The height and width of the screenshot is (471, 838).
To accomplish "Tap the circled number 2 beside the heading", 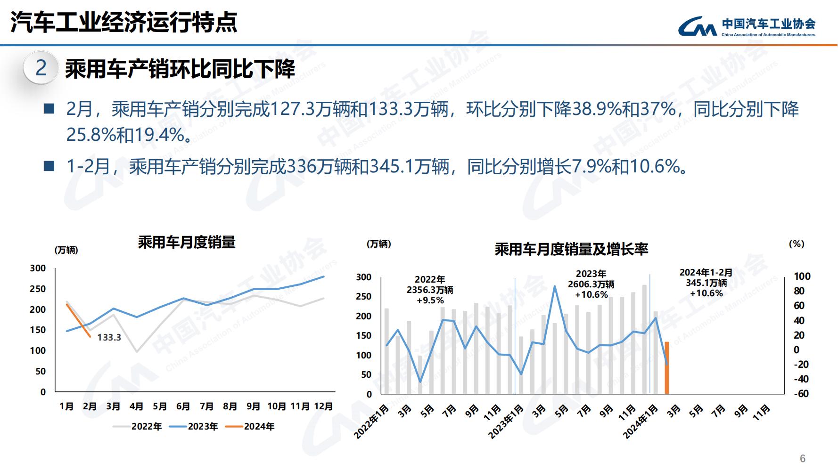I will click(x=41, y=69).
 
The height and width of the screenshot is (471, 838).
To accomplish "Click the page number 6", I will click(x=803, y=458).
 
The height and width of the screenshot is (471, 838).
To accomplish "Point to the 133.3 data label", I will click(x=109, y=337).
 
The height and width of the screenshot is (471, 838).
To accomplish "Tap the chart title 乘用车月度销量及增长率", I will click(x=571, y=249).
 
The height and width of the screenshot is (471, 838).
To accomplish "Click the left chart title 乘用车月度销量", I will click(x=187, y=243).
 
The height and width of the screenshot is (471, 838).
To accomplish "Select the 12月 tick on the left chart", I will click(x=323, y=406).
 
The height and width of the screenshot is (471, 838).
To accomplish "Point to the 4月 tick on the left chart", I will click(x=136, y=406).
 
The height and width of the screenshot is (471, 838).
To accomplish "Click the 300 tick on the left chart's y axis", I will click(x=38, y=268).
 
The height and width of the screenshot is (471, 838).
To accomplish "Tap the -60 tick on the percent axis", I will click(x=801, y=394).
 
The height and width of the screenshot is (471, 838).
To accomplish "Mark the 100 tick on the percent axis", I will click(x=802, y=276).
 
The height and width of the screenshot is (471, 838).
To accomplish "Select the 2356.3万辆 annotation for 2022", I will click(x=430, y=290).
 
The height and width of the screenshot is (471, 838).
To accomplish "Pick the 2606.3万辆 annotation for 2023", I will click(x=591, y=284).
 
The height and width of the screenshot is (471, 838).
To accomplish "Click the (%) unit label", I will click(x=797, y=244).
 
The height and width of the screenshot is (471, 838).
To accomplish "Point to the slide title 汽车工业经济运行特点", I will click(x=124, y=22).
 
